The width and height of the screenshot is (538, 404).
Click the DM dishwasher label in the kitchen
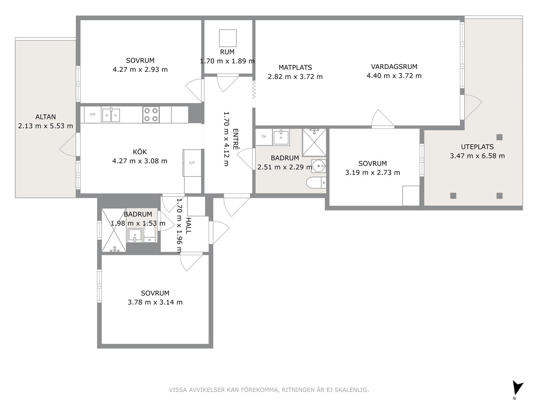93,114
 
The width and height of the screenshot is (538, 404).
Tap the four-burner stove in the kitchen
151,114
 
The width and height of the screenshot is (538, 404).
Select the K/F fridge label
192,163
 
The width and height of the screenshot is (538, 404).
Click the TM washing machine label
264,137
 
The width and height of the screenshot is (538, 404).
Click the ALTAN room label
45,117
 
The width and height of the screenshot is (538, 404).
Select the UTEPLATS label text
477,147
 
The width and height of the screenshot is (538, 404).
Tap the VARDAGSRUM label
394,67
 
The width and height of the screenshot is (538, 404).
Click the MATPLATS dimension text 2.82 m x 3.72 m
295,77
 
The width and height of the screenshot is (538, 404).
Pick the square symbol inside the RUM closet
228,38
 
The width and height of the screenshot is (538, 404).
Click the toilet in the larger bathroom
316,182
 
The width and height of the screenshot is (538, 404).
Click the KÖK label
140,152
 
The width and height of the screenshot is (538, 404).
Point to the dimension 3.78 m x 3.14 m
155,302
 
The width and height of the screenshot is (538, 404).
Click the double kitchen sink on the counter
111,115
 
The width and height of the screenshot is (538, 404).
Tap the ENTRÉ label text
235,139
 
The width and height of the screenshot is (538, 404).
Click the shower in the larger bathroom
314,142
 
